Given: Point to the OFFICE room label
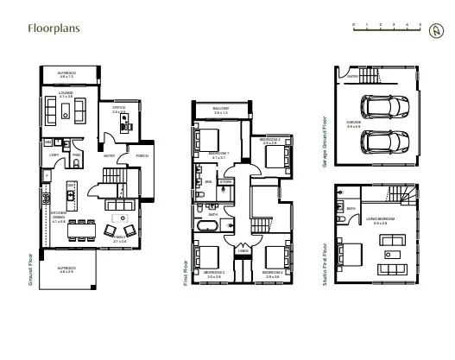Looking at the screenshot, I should (119, 110).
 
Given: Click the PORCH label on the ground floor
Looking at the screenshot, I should (142, 155).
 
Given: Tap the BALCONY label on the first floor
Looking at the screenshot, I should (220, 110).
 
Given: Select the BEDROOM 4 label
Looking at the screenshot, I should (271, 272).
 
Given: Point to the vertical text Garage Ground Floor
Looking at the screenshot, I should (324, 140).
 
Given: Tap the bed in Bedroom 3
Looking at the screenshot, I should (211, 256).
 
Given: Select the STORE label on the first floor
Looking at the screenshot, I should (224, 181).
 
